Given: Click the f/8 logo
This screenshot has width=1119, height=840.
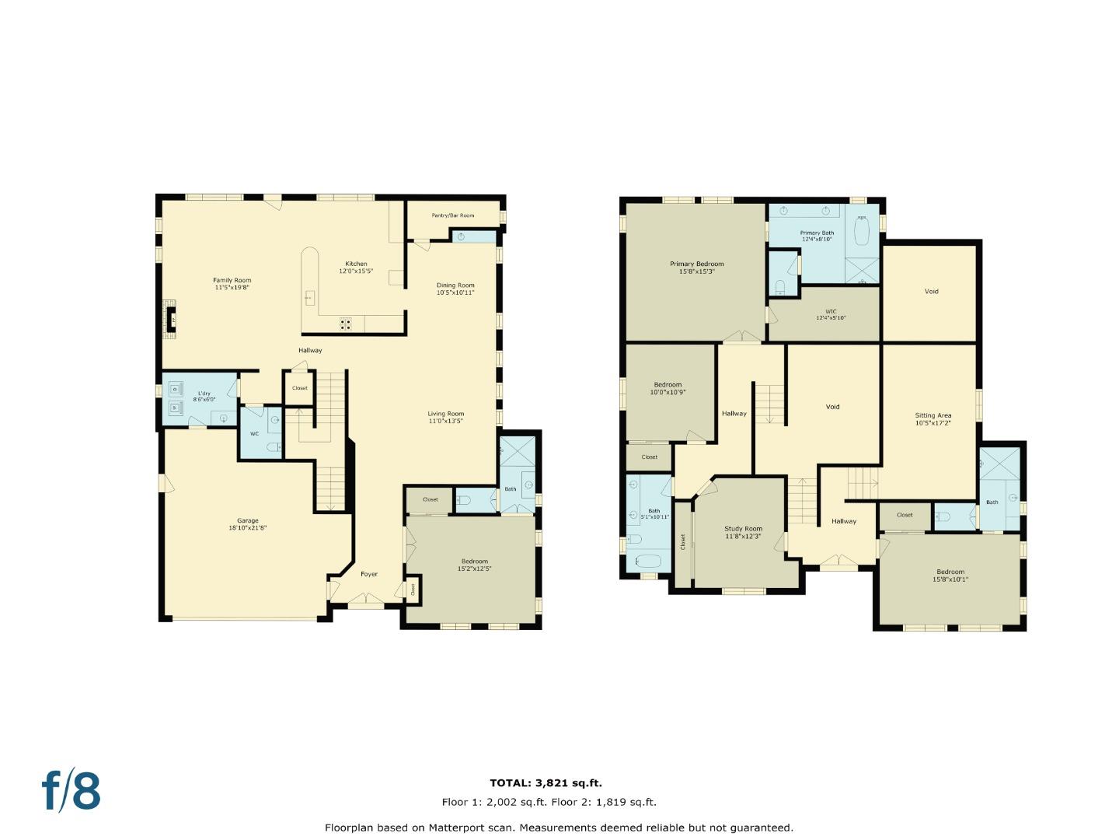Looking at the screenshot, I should [71, 791].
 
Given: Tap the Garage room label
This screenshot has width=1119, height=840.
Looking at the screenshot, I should [248, 524].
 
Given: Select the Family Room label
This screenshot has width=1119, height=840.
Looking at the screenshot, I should [232, 284].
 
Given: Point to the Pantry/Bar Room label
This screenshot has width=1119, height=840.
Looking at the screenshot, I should [452, 215].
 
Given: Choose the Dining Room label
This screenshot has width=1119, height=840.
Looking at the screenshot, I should [455, 289].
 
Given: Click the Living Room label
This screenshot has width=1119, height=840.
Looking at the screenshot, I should [445, 417].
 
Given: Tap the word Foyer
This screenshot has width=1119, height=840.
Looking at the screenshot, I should [369, 574].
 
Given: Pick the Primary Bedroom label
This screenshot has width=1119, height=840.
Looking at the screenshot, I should [696, 268].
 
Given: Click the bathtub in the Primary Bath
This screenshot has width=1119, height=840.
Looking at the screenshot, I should [861, 232].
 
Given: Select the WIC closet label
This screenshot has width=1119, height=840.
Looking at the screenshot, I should [831, 314].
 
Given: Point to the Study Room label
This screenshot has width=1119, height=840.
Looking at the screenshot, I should [744, 532].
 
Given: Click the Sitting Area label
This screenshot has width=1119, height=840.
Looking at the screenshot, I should [932, 419].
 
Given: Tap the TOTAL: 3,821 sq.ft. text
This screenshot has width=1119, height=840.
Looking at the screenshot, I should [546, 783].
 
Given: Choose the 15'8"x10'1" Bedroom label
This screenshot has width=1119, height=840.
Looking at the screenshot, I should [950, 575].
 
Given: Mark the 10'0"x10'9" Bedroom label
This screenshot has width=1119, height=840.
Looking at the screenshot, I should [668, 388].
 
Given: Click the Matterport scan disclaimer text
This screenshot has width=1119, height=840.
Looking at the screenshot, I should [559, 828].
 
